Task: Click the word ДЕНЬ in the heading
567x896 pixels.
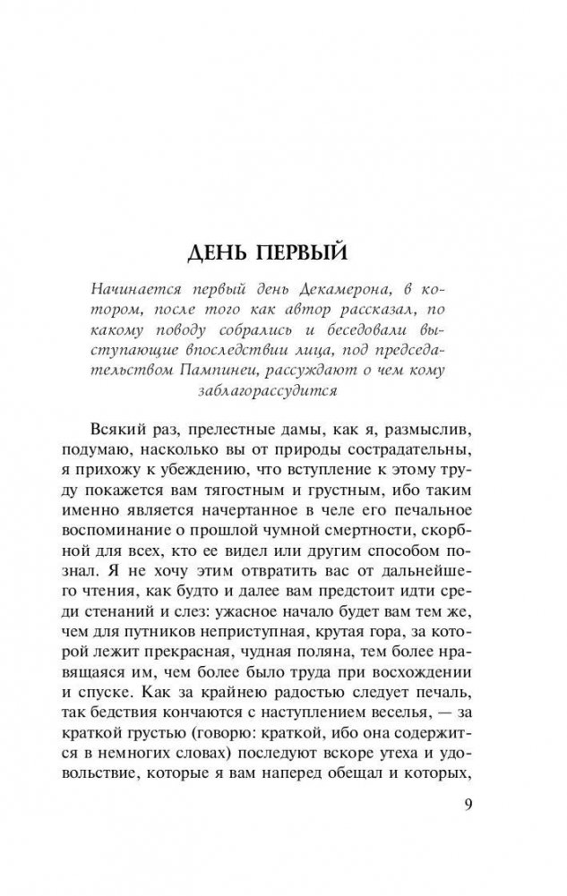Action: coord(221,254)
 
